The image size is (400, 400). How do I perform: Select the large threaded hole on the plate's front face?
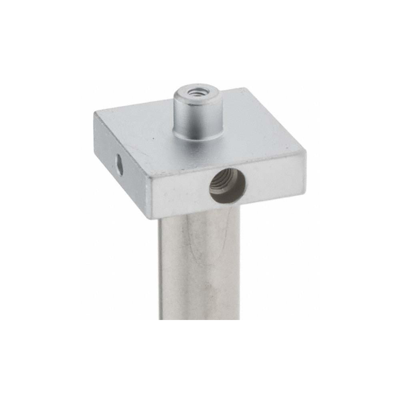point(227,185)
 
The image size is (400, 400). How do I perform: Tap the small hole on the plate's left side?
point(119,165)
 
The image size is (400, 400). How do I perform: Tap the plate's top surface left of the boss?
point(136,132)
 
